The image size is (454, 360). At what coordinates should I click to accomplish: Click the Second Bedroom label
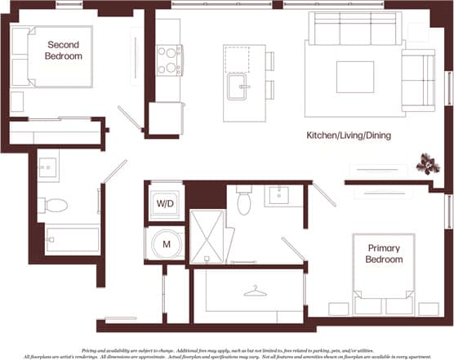[x=65, y=50]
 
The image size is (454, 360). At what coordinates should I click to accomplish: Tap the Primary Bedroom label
[x=385, y=254]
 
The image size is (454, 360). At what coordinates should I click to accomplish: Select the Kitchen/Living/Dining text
[x=348, y=135]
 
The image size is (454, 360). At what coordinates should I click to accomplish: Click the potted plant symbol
[x=427, y=165]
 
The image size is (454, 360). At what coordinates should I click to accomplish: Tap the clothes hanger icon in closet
[x=255, y=291]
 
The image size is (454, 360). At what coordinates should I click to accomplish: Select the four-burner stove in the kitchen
[x=169, y=60]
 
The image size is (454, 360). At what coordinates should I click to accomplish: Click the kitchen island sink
[x=237, y=87]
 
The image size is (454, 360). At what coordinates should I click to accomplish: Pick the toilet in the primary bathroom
[x=244, y=201]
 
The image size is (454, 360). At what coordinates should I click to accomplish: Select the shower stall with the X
[x=207, y=237]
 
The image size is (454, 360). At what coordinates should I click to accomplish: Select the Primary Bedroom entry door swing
[x=323, y=194]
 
